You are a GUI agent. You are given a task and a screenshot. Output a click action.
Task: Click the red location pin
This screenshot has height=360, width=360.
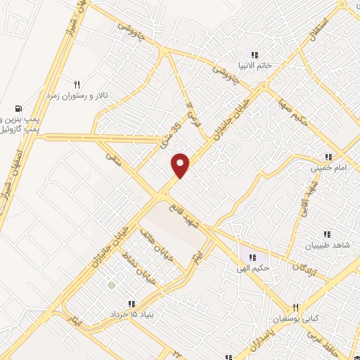181,165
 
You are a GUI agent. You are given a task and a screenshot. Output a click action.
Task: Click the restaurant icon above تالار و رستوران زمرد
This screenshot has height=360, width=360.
77,83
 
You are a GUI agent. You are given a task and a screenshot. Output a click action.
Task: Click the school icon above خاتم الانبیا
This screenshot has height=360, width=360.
255,55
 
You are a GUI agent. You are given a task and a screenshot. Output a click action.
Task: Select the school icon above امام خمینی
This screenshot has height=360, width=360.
328,157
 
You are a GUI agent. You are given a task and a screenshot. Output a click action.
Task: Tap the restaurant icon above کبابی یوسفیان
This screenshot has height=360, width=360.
295,308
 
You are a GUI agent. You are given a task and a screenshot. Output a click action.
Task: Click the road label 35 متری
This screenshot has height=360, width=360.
170,131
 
